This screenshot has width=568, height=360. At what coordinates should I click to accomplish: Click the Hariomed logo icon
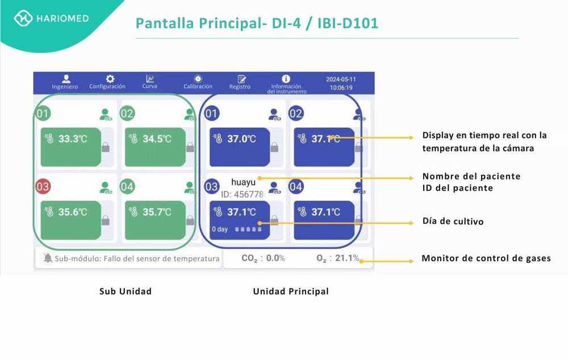24,18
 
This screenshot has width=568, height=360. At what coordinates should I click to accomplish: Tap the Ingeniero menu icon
66,79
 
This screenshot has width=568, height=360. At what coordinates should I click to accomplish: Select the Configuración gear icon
110,79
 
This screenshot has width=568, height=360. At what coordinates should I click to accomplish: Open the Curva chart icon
150,79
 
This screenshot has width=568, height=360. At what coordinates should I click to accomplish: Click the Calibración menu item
198,82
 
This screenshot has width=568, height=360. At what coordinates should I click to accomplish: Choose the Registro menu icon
241,79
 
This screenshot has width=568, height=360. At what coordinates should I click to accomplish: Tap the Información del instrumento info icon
286,79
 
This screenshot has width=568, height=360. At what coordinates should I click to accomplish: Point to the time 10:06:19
341,88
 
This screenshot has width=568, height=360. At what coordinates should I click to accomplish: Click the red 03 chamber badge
43,186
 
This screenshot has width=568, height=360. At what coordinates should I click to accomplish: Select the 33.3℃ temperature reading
73,139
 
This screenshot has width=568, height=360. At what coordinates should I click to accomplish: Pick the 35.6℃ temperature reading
73,212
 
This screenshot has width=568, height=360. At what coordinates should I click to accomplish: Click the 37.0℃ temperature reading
241,139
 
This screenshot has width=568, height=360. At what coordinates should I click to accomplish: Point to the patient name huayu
243,182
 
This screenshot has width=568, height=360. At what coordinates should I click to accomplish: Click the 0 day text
220,229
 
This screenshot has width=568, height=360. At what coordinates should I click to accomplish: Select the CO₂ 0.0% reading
263,258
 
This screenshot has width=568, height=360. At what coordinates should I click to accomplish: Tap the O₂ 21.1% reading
338,258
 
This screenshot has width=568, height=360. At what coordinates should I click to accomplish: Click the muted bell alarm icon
48,258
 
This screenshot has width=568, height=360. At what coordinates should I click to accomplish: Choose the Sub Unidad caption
126,291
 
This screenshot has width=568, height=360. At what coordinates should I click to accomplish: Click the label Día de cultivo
453,221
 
